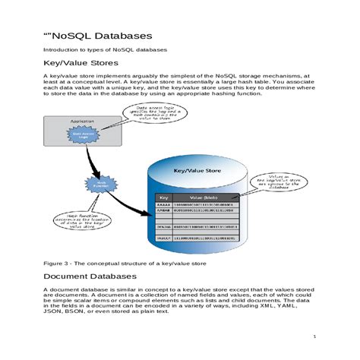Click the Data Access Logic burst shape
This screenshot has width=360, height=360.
point(84,136)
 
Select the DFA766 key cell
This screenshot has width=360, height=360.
point(163,226)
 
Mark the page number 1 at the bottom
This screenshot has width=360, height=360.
point(314,337)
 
